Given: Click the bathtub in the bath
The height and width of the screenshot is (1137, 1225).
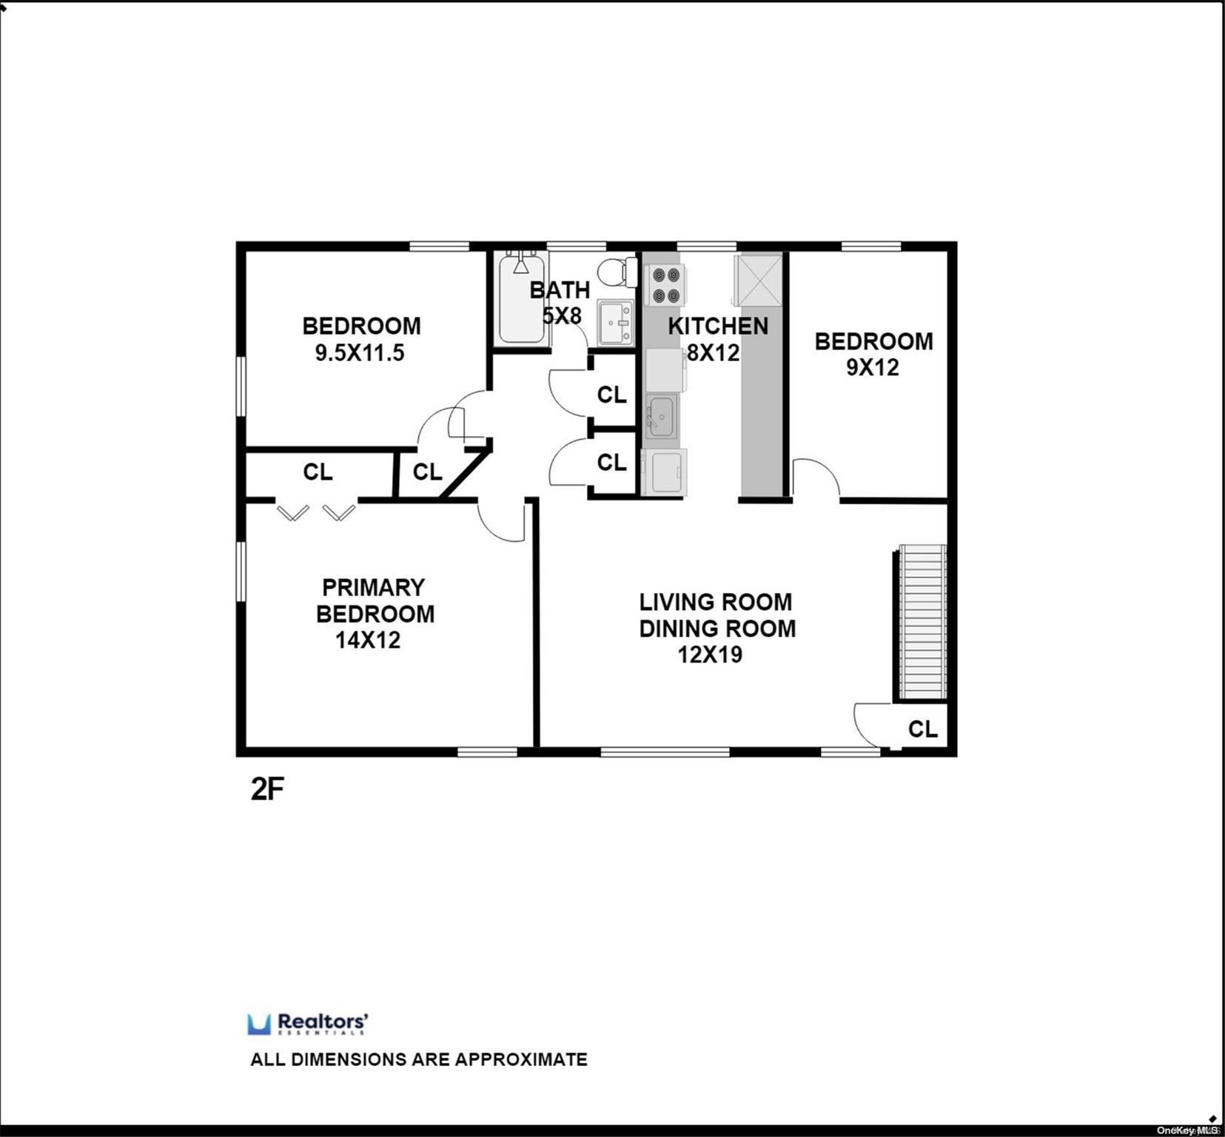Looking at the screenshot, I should click(522, 298).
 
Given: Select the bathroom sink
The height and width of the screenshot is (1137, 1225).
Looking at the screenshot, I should click(616, 323).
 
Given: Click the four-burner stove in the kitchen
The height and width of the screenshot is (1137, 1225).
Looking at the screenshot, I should click(665, 285).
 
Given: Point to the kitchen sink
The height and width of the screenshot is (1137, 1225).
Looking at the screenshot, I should click(660, 416).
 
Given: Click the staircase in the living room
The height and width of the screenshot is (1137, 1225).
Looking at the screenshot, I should click(922, 623).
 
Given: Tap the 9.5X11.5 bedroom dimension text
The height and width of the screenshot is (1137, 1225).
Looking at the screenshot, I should click(360, 353).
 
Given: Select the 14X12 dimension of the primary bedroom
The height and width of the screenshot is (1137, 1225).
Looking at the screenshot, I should click(368, 640).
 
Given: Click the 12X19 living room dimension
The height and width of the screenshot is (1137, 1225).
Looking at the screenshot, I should click(710, 655).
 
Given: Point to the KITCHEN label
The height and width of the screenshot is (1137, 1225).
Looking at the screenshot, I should click(718, 326).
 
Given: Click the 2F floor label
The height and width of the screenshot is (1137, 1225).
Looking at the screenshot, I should click(267, 790).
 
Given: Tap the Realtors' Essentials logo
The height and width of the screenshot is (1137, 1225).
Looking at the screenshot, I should click(308, 1024).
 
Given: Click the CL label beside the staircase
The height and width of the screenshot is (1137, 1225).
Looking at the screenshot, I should click(922, 729).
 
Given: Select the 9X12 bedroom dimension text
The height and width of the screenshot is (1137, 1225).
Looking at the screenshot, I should click(873, 367).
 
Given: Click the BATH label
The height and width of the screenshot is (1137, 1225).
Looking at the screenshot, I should click(560, 289).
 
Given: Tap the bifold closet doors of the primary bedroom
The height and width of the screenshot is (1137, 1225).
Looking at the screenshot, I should click(316, 512).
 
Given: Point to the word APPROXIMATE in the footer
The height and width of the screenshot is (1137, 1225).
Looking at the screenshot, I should click(521, 1059).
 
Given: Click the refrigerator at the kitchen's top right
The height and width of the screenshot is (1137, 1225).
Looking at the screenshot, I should click(758, 280).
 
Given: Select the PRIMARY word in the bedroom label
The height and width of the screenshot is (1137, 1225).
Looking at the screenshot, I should click(373, 588).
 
